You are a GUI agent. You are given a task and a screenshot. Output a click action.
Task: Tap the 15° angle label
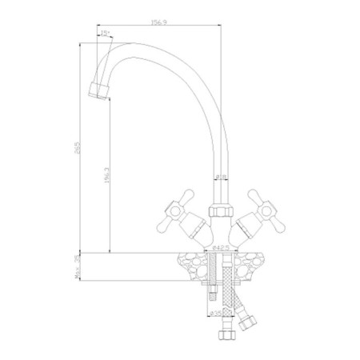click(x=106, y=32)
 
